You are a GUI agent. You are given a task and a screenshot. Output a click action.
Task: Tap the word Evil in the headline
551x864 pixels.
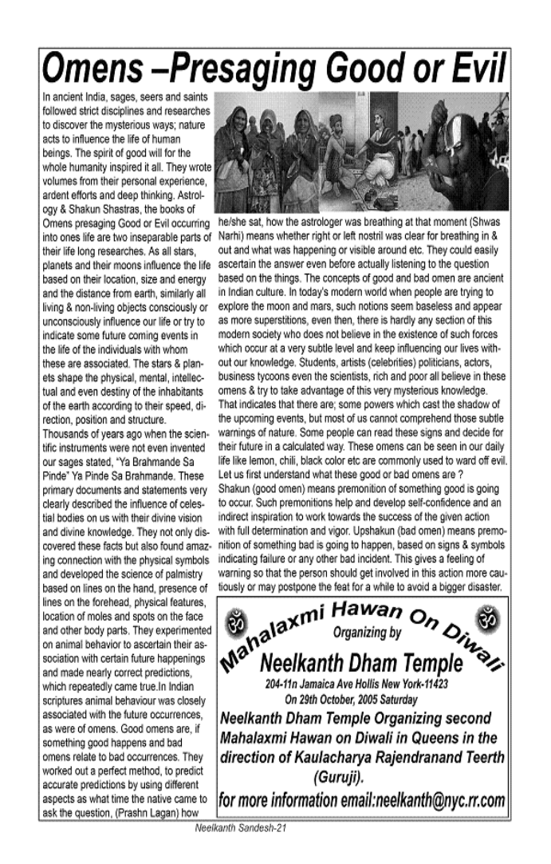(478, 69)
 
